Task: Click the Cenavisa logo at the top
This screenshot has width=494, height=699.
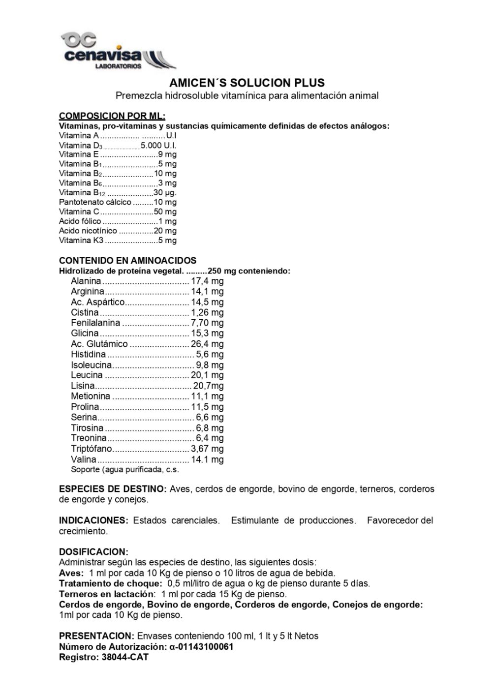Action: pyautogui.click(x=118, y=50)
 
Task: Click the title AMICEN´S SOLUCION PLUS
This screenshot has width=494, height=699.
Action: pyautogui.click(x=247, y=83)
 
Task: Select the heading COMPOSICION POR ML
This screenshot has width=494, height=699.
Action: pyautogui.click(x=112, y=116)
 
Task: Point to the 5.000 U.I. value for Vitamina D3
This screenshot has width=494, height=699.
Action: pyautogui.click(x=158, y=145)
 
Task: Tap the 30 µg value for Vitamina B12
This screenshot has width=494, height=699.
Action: pyautogui.click(x=165, y=192)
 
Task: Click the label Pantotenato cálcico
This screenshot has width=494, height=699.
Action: pyautogui.click(x=95, y=202)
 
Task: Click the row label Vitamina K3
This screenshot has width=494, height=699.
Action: pyautogui.click(x=81, y=241)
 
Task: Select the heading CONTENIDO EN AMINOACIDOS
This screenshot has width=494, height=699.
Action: pyautogui.click(x=127, y=261)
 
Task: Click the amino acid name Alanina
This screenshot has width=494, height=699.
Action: pyautogui.click(x=86, y=281)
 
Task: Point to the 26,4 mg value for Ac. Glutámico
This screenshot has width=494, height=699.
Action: pyautogui.click(x=207, y=344)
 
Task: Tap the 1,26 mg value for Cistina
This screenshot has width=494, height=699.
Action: pyautogui.click(x=207, y=313)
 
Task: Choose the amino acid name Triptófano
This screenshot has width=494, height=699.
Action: pyautogui.click(x=92, y=449)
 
